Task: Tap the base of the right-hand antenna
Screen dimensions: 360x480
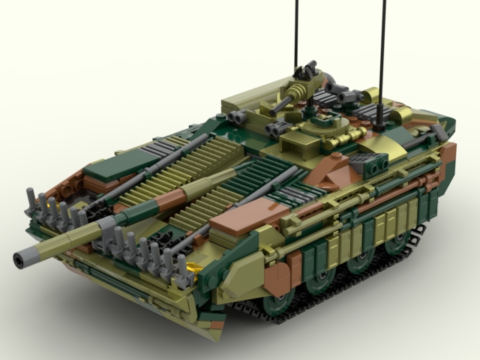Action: (381, 118)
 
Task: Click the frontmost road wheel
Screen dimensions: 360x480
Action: (279, 304)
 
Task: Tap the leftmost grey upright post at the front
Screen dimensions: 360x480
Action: (31, 199)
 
